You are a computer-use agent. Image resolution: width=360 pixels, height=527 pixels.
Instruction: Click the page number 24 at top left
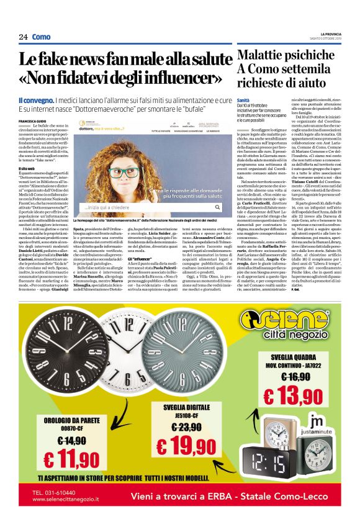[x=23, y=37]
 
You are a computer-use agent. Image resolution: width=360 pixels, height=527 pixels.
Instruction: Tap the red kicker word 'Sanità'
[x=243, y=100]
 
